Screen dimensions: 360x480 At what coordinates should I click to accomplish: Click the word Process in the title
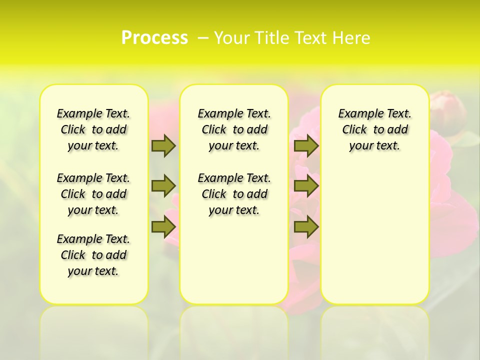154,38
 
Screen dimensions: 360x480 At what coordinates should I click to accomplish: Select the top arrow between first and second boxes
163,145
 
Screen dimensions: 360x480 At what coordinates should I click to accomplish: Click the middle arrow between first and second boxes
163,186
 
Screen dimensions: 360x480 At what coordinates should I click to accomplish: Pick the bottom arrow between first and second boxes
163,227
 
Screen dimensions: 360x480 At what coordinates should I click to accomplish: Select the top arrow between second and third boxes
306,145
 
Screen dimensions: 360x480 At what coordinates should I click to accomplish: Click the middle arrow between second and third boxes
306,186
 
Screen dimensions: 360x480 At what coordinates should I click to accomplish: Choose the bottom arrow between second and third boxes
306,227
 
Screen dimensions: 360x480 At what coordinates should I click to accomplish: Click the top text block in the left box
93,129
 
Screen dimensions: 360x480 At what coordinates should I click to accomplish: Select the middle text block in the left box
93,194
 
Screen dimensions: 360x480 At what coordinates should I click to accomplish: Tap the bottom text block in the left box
93,255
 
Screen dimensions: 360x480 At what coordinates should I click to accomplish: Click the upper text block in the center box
234,129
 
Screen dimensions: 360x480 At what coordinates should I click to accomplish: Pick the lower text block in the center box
234,194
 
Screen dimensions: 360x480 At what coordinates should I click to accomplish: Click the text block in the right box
374,129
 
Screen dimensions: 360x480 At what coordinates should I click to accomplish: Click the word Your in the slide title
231,38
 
